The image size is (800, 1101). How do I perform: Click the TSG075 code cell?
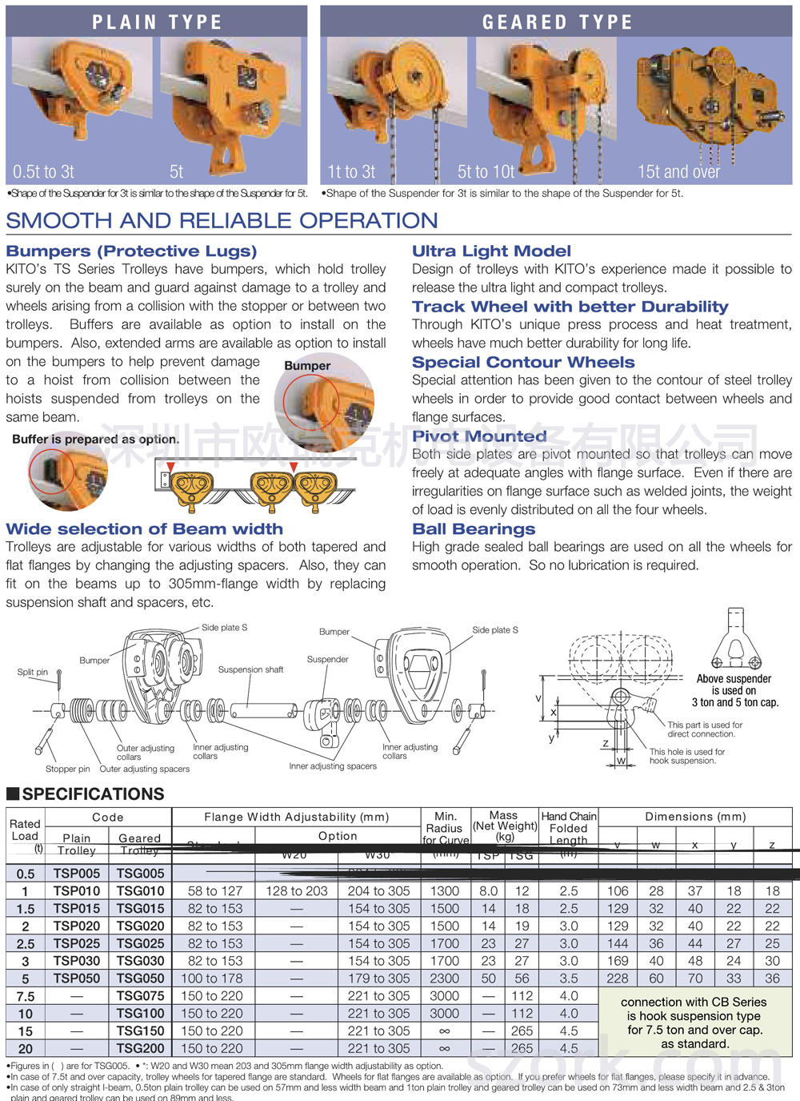140,996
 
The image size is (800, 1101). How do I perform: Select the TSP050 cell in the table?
77,978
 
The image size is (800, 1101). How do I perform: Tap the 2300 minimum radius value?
444,978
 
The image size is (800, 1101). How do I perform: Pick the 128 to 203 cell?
296,891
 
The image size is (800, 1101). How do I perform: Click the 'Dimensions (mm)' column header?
695,817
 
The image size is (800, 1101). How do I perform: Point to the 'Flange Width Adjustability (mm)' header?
296,817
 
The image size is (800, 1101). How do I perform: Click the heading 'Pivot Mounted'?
479,436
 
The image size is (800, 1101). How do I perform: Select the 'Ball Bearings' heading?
474,529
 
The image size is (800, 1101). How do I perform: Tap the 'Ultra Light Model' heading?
491,251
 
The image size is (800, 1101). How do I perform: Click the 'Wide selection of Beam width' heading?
144,529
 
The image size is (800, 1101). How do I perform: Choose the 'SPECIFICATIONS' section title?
93,794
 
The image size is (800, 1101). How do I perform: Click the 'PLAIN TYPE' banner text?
157,22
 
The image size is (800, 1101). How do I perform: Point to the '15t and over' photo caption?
678,172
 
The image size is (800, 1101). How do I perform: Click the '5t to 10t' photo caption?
486,172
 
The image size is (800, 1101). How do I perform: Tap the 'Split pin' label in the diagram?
33,672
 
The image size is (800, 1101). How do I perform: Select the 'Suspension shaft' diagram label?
250,669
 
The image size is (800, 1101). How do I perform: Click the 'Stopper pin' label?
67,769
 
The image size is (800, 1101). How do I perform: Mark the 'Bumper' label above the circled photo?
307,366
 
